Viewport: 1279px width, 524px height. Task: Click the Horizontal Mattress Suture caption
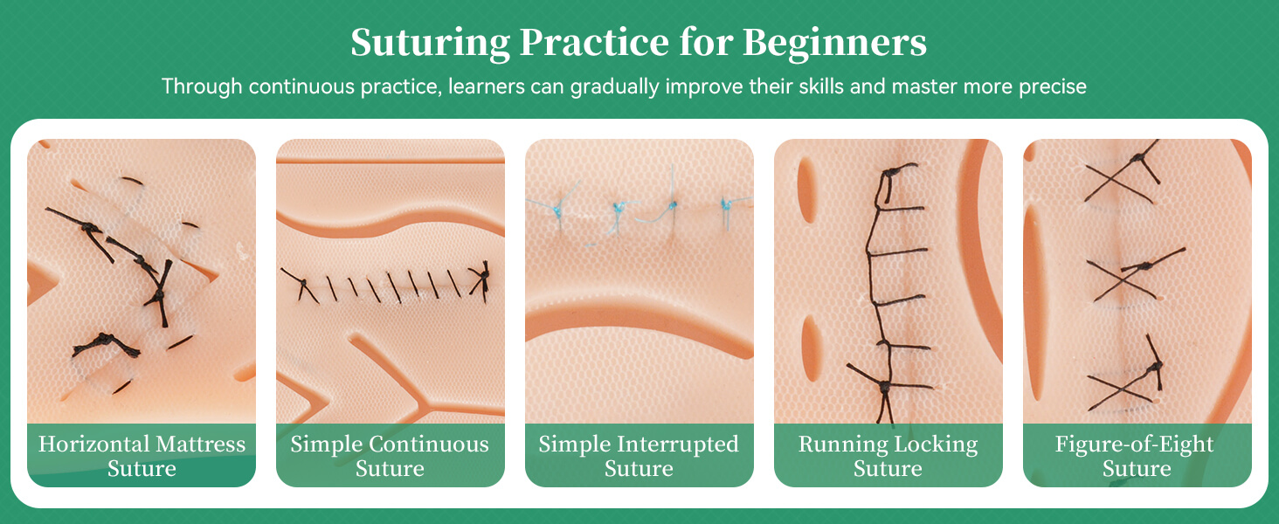pyautogui.click(x=142, y=456)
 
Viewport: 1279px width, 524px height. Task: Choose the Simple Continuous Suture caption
pyautogui.click(x=390, y=456)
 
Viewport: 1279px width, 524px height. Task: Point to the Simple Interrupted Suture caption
pyautogui.click(x=639, y=456)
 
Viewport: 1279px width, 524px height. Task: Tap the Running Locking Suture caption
pyautogui.click(x=888, y=456)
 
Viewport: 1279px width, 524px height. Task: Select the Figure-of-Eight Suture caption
pyautogui.click(x=1136, y=456)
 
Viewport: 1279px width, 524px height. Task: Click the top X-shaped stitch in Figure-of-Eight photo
pyautogui.click(x=1121, y=177)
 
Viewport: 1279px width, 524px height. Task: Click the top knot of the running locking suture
pyautogui.click(x=888, y=175)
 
